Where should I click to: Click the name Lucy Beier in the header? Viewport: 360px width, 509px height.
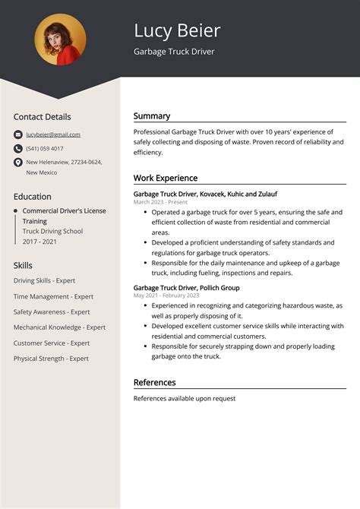(x=177, y=30)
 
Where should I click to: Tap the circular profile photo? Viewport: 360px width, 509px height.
(x=61, y=39)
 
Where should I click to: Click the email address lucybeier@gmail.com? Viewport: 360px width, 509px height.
(x=53, y=134)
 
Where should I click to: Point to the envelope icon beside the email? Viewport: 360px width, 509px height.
(x=17, y=134)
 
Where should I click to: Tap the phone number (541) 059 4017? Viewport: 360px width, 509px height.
(x=45, y=148)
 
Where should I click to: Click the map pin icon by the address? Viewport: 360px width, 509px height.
(x=17, y=163)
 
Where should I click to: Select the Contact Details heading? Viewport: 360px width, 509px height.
(x=42, y=117)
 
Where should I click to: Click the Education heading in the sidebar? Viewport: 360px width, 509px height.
(x=33, y=196)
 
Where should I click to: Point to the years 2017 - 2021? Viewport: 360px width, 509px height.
(x=39, y=242)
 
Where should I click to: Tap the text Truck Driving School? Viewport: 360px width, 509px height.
(x=52, y=231)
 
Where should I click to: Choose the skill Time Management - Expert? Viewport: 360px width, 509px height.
(x=53, y=296)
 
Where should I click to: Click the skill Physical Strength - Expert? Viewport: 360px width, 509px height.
(x=51, y=359)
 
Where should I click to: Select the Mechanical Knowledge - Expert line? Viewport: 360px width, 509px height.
(x=59, y=327)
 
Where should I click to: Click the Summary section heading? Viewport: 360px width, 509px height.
(x=152, y=116)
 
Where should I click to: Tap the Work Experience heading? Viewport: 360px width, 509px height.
(x=165, y=178)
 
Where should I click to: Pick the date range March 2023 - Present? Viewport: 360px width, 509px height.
(x=160, y=203)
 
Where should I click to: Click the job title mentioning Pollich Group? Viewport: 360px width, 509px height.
(x=186, y=288)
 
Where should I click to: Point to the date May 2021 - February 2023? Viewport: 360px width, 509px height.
(x=166, y=296)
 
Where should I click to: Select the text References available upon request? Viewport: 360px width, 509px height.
(x=185, y=398)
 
